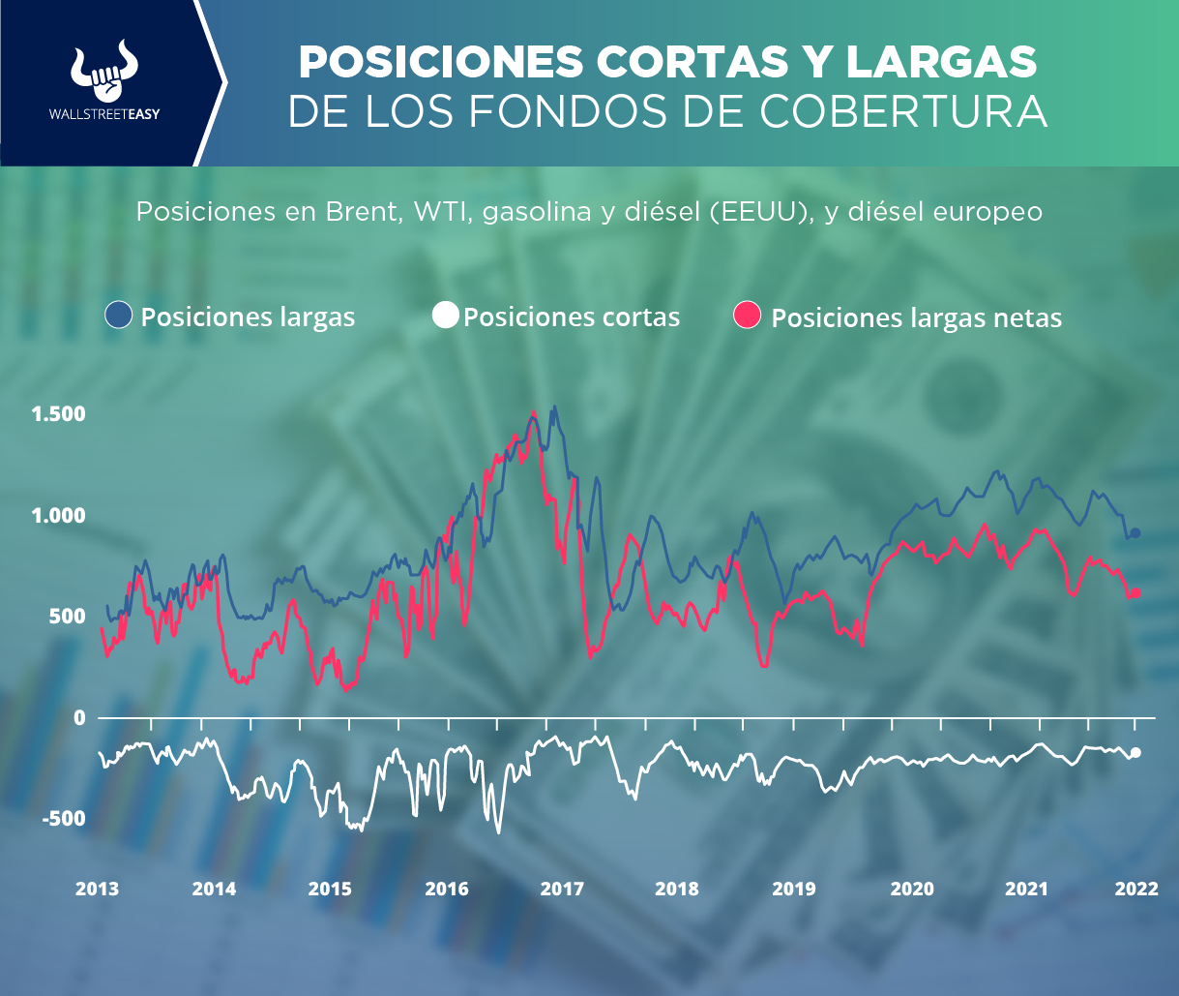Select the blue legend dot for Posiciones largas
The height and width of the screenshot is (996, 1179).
click(x=119, y=315)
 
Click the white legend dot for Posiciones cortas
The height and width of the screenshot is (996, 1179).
click(x=445, y=315)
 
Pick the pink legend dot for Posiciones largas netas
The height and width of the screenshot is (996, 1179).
click(x=749, y=315)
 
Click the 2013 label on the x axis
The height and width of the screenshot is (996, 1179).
click(x=97, y=890)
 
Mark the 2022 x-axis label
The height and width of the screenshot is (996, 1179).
click(x=1135, y=890)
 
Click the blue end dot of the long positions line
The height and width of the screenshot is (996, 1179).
click(x=1135, y=532)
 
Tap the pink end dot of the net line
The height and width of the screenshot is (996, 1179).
click(x=1136, y=592)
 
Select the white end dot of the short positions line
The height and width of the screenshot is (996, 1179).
click(x=1136, y=752)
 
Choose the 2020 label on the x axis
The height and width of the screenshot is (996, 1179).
click(x=909, y=890)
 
